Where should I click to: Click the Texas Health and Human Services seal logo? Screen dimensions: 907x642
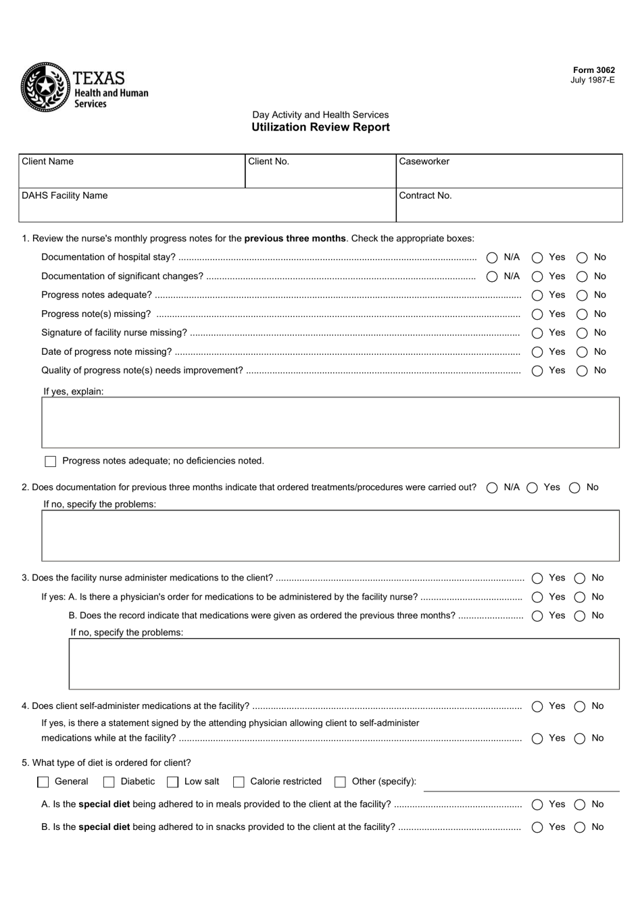tap(45, 87)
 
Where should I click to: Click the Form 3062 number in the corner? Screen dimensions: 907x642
tap(593, 70)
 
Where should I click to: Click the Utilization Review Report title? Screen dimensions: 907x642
tap(320, 127)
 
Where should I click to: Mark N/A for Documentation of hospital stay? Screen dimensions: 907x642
tap(492, 258)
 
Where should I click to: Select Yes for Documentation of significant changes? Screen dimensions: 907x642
tap(537, 276)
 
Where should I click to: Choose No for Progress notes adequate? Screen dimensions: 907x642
tap(582, 295)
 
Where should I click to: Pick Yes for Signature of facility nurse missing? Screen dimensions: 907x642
tap(537, 333)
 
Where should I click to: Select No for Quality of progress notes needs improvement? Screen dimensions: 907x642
tap(582, 371)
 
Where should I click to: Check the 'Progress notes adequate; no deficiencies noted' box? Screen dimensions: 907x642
tap(51, 462)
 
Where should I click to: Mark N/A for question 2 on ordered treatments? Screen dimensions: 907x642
tap(492, 488)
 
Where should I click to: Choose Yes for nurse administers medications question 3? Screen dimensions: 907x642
tap(537, 579)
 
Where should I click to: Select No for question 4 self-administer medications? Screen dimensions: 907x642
tap(580, 707)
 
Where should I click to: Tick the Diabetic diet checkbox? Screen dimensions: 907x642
tap(109, 782)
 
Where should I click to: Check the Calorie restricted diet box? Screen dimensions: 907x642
tap(239, 782)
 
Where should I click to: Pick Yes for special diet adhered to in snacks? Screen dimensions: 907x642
tap(537, 827)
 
